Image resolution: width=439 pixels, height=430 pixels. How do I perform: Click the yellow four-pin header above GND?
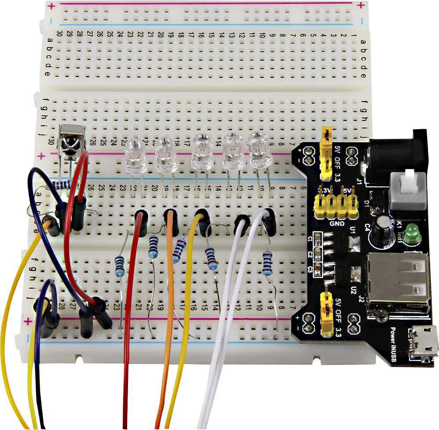point(335,205)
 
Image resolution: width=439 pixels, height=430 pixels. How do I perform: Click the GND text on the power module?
point(336,223)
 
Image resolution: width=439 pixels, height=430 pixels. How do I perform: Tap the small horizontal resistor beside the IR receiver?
point(64,185)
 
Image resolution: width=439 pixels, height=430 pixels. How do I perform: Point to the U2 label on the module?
point(353,290)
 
